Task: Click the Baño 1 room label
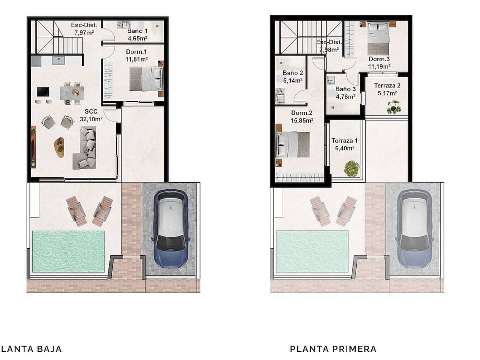137,31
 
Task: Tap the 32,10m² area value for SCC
91,119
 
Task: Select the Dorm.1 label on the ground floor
136,52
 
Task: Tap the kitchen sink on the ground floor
58,60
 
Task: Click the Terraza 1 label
344,141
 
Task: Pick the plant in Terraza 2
394,107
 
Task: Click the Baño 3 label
345,89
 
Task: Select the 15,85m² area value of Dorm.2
302,120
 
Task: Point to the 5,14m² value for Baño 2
293,80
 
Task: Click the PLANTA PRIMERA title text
333,349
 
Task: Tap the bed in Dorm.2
292,145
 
